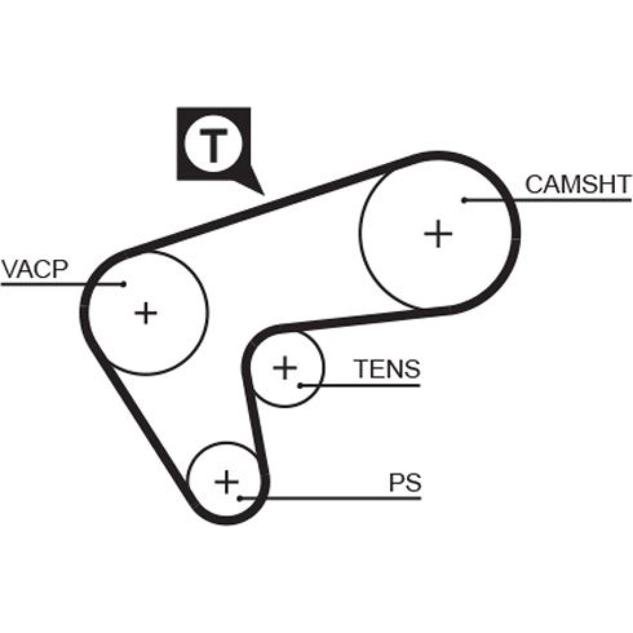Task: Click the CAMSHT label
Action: click(x=578, y=184)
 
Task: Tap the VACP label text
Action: click(x=35, y=269)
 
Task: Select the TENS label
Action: click(x=387, y=369)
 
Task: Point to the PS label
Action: click(x=405, y=482)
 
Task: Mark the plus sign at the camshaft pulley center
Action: click(x=438, y=234)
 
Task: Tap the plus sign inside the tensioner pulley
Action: click(x=284, y=368)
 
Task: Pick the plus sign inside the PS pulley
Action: click(x=226, y=482)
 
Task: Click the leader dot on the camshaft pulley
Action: click(x=464, y=201)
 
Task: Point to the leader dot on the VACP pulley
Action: click(x=124, y=284)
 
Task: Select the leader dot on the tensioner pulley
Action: click(x=300, y=385)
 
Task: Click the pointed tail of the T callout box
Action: click(x=263, y=194)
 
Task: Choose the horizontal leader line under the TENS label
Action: click(x=360, y=385)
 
